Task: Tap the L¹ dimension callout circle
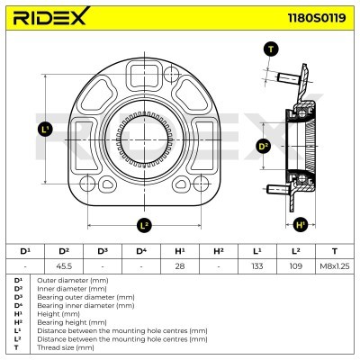tap(46, 130)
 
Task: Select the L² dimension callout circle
tap(144, 224)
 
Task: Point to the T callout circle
tap(271, 49)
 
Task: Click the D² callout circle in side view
tap(264, 146)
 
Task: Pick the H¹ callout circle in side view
tap(301, 223)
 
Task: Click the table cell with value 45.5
tap(65, 266)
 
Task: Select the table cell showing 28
tap(179, 266)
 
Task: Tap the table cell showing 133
tap(257, 266)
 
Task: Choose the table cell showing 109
tap(296, 266)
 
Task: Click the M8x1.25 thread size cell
tap(335, 266)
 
